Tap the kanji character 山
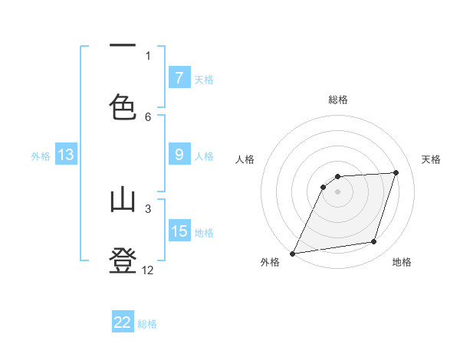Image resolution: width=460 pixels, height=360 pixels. click(x=123, y=201)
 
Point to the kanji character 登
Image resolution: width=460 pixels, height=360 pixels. click(x=123, y=260)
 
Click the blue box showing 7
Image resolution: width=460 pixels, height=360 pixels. click(x=179, y=77)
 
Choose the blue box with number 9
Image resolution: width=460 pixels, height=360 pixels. click(x=179, y=155)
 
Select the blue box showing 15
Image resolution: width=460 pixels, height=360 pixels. click(x=179, y=231)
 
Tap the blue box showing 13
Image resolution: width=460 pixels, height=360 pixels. click(x=66, y=155)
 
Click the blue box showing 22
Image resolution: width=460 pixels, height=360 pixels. click(x=123, y=322)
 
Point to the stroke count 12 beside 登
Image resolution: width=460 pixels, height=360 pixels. click(x=148, y=270)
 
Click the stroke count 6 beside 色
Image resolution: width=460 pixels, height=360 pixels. click(x=148, y=116)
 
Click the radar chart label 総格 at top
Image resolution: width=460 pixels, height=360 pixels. click(x=338, y=100)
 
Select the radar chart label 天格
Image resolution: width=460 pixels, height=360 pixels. click(x=431, y=159)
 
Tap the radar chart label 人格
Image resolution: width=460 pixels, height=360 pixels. click(x=245, y=159)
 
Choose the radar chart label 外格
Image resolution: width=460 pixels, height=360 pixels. click(x=270, y=263)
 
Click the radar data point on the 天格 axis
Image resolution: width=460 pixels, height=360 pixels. click(x=396, y=172)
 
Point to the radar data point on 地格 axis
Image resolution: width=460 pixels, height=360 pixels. click(x=374, y=242)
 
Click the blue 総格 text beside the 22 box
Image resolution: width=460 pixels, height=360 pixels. click(x=147, y=324)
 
